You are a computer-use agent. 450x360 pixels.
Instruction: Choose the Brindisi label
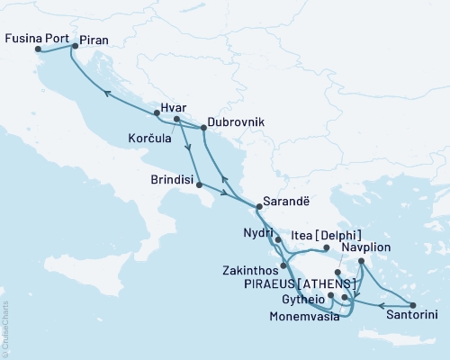174,179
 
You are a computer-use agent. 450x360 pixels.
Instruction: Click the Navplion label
397,245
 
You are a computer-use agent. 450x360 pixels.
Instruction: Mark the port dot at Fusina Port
37,50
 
